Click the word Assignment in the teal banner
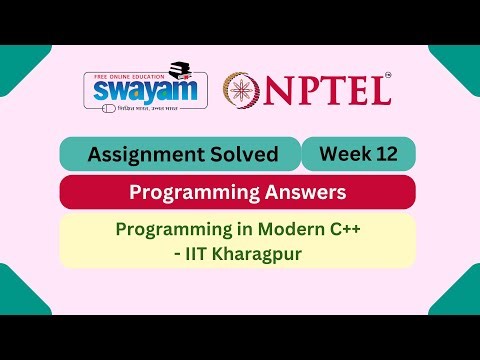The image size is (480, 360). coord(144,155)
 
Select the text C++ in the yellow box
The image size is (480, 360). coord(343,229)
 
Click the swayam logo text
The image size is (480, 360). coord(138,92)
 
